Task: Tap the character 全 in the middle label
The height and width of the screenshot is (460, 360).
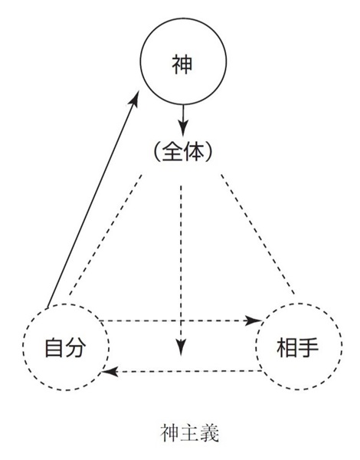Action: pos(172,152)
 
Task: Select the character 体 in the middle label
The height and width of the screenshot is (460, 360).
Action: pos(193,152)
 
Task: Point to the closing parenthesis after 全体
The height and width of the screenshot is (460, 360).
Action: pos(208,152)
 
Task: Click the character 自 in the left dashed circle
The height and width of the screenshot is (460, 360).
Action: pos(54,347)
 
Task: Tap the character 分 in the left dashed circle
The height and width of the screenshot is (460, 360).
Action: pos(76,347)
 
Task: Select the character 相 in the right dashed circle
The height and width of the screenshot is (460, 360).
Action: pos(287,347)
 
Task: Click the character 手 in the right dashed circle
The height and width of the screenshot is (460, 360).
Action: pos(308,347)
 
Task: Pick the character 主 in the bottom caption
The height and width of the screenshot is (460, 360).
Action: pos(190,434)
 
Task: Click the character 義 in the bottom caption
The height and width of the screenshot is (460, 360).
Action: pos(210,434)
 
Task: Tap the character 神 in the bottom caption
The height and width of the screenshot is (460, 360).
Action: pos(170,434)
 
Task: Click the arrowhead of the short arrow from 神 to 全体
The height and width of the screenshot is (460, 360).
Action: pos(183,128)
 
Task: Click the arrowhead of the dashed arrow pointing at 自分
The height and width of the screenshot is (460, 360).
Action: pos(110,372)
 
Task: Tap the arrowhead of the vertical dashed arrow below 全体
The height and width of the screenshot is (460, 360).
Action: pos(182,347)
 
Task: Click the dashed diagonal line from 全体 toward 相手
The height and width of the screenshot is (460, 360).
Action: pos(257,234)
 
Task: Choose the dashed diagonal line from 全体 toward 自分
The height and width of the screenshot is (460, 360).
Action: pos(105,235)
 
